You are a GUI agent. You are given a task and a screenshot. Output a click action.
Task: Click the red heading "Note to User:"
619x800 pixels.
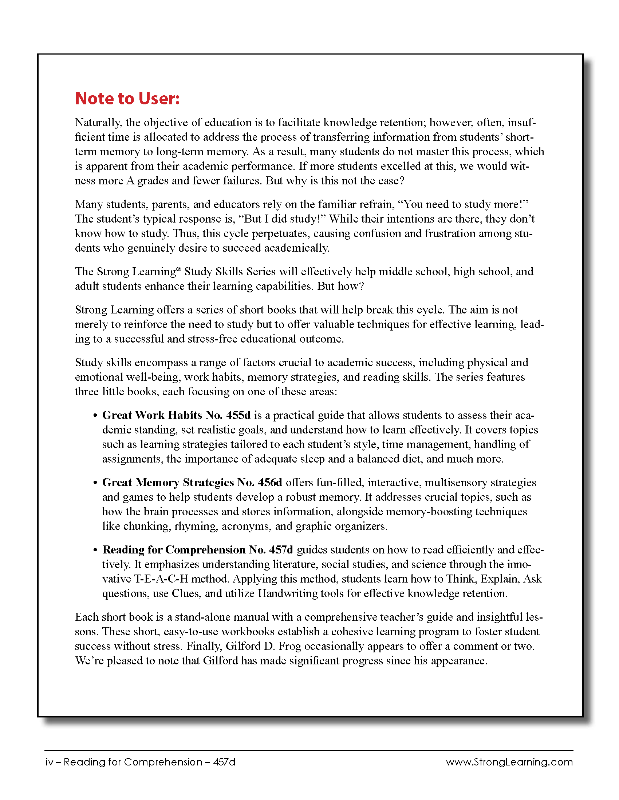click(x=127, y=99)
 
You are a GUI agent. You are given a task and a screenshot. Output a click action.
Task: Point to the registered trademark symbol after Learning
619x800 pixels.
click(x=178, y=269)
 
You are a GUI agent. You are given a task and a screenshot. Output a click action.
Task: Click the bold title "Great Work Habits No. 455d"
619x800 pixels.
click(x=176, y=415)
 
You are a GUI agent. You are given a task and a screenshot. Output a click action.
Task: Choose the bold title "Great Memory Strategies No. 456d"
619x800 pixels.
click(x=192, y=483)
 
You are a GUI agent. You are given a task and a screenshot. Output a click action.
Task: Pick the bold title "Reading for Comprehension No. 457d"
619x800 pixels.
click(x=197, y=550)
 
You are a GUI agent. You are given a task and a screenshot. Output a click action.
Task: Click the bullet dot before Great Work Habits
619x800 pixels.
click(x=95, y=416)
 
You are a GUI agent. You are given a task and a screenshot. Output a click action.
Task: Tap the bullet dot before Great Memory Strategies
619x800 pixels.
click(x=95, y=483)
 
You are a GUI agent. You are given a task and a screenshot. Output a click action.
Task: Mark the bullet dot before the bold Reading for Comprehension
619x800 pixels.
click(x=95, y=551)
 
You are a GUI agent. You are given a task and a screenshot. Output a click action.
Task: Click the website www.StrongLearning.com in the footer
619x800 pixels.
click(x=509, y=762)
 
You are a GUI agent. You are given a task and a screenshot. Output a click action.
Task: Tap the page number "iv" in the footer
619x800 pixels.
click(x=49, y=762)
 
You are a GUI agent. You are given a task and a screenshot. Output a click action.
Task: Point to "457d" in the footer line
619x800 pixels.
click(x=224, y=762)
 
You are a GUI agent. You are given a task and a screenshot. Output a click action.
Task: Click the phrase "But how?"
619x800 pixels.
click(x=341, y=286)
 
